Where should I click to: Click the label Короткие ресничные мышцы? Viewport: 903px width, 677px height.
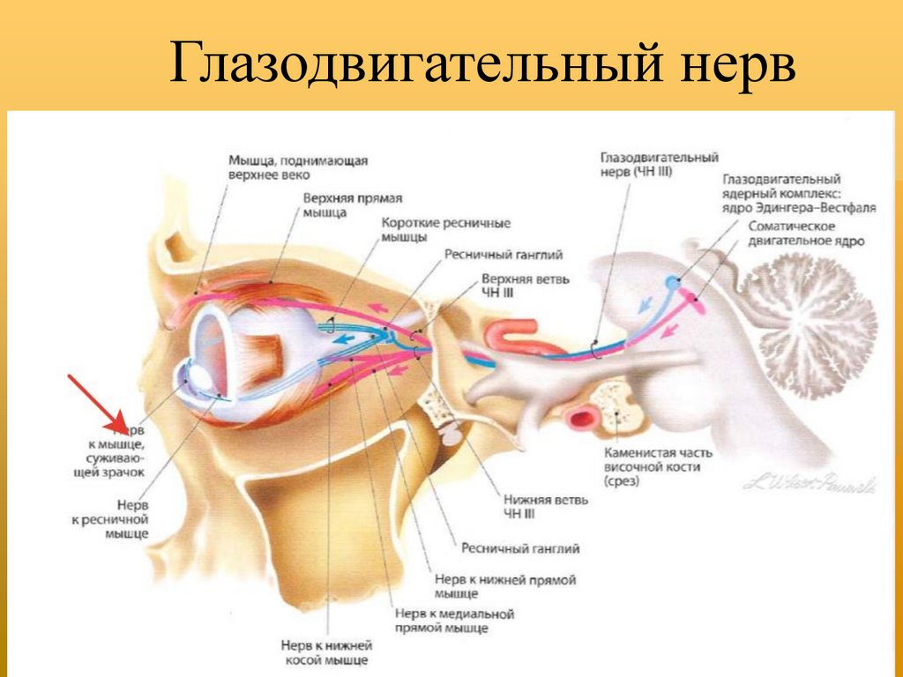pos(445,230)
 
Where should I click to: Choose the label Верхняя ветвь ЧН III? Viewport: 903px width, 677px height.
pos(525,286)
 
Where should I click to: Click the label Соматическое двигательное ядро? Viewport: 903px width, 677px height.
pos(806,234)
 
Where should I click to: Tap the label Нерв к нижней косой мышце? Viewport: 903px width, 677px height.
pos(326,653)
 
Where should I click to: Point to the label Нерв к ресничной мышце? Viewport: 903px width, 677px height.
pos(110,519)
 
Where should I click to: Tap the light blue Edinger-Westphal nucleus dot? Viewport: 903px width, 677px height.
pos(672,283)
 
